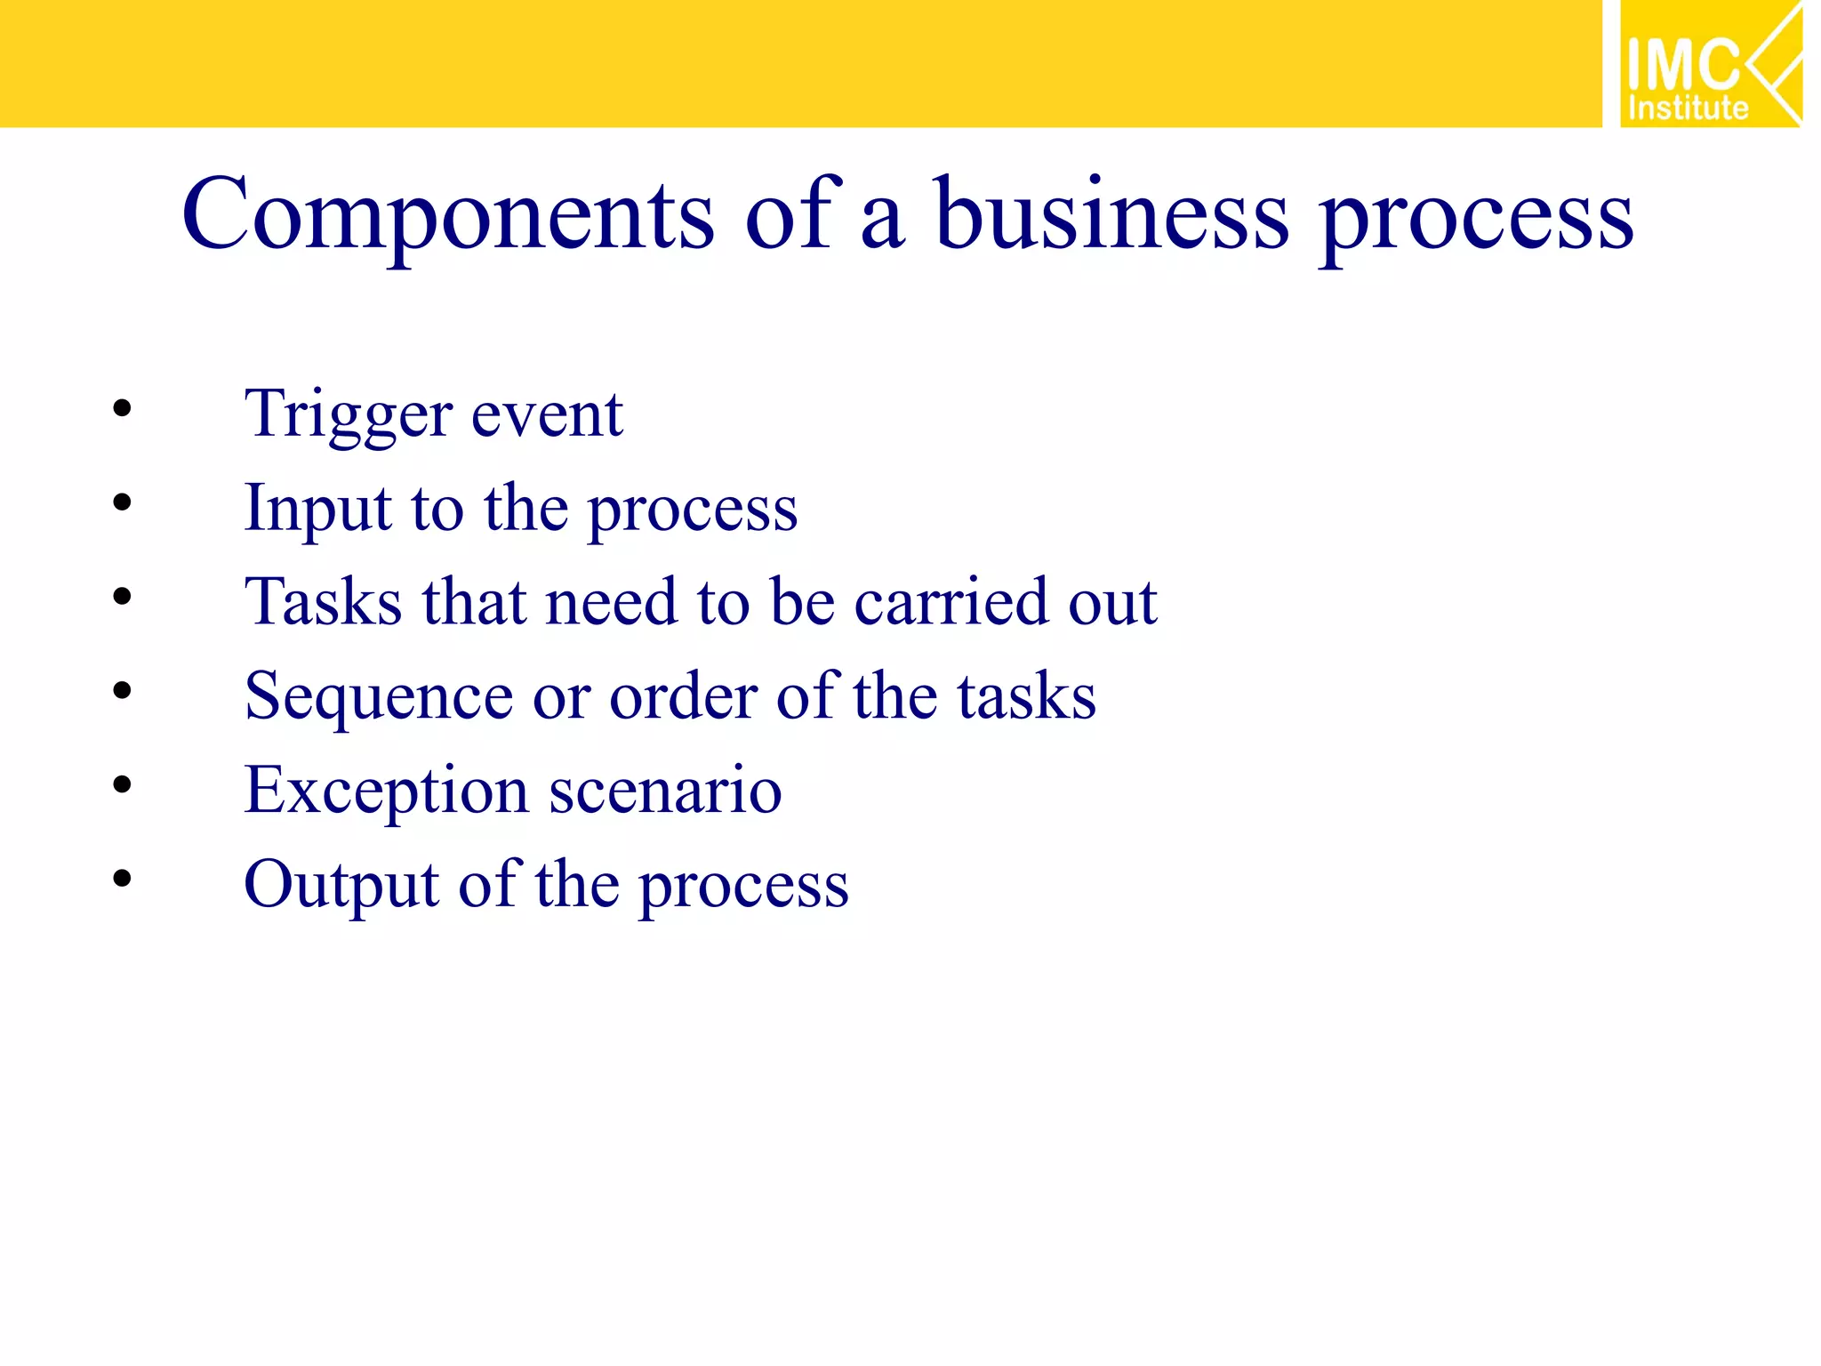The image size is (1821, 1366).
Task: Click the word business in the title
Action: [x=1111, y=216]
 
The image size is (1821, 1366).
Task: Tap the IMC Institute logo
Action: [x=1709, y=65]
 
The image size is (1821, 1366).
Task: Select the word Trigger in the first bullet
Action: [x=348, y=414]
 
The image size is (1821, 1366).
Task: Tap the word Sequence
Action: [x=379, y=697]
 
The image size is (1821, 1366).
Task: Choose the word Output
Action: [x=341, y=886]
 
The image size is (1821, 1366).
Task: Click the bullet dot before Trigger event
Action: [x=122, y=409]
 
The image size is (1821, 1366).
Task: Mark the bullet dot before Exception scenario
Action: [x=122, y=784]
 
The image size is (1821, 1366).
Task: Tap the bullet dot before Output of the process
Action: [x=122, y=879]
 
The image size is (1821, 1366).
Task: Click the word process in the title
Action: [x=1476, y=220]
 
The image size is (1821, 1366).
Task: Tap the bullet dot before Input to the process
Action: [x=122, y=503]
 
